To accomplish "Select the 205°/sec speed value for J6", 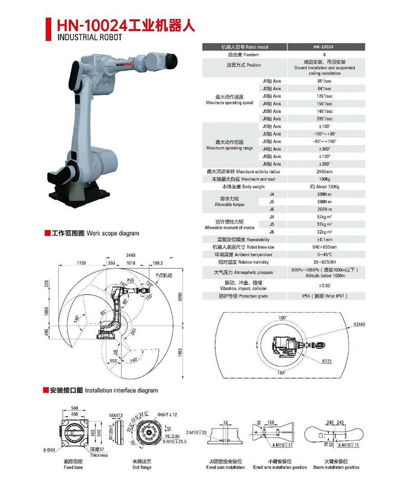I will pyautogui.click(x=324, y=119).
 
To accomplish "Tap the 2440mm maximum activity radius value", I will pyautogui.click(x=324, y=171).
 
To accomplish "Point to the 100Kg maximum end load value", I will pyautogui.click(x=324, y=179).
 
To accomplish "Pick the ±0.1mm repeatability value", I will pyautogui.click(x=324, y=239).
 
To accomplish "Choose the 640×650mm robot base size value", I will pyautogui.click(x=324, y=247).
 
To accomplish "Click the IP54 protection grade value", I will pyautogui.click(x=324, y=296).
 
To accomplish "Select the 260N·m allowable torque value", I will pyautogui.click(x=324, y=209).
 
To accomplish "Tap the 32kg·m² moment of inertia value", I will pyautogui.click(x=324, y=232).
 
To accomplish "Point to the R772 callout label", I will pyautogui.click(x=327, y=361).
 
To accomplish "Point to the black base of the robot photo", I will pyautogui.click(x=77, y=193).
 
